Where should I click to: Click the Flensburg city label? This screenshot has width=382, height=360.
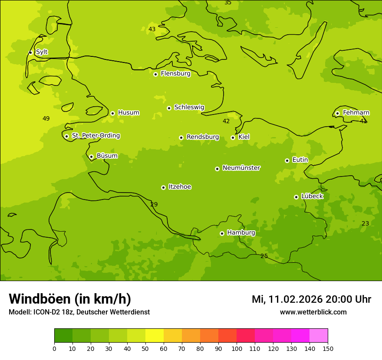[x=175, y=74]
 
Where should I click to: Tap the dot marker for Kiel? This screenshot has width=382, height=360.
[x=233, y=137]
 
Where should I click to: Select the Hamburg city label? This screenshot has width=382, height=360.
[x=241, y=233]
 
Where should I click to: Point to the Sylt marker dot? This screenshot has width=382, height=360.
[x=30, y=52]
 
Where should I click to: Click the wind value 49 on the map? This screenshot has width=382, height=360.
[x=46, y=119]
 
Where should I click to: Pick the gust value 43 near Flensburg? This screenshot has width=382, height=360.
[x=152, y=29]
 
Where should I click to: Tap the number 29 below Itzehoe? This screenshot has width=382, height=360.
[x=154, y=205]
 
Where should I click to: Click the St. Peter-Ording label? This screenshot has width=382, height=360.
[x=95, y=136]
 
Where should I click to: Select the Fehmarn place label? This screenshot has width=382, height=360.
[x=356, y=113]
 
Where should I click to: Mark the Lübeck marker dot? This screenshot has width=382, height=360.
[x=296, y=197]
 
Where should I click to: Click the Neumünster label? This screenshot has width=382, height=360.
[x=241, y=168]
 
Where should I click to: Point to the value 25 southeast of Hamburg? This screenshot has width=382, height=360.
[x=264, y=256]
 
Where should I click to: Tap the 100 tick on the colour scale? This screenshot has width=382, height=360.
[x=237, y=349]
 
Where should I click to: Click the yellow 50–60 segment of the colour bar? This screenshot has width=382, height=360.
[x=155, y=336]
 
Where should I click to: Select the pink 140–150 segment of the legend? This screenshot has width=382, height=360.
[x=319, y=336]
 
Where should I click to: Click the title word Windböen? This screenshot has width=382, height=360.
[x=40, y=299]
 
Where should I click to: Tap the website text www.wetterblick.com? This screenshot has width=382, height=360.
[x=313, y=312]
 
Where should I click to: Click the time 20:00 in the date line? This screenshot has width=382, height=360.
[x=339, y=300]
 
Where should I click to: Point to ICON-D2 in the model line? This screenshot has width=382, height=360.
[x=45, y=312]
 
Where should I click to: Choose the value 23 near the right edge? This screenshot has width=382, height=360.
[x=365, y=224]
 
